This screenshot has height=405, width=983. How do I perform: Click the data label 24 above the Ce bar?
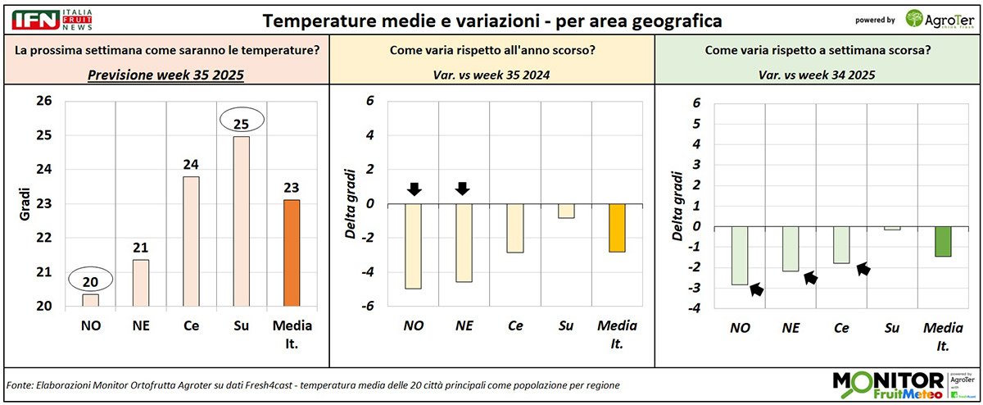click(190, 163)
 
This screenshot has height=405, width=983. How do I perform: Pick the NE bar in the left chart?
click(141, 283)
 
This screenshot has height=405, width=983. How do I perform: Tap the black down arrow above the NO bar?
click(414, 189)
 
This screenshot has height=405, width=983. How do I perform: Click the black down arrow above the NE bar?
click(462, 189)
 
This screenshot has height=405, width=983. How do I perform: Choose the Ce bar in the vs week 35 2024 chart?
click(514, 228)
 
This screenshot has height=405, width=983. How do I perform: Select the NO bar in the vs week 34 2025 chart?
click(740, 255)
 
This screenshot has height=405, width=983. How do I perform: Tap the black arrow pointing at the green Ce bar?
click(862, 268)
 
